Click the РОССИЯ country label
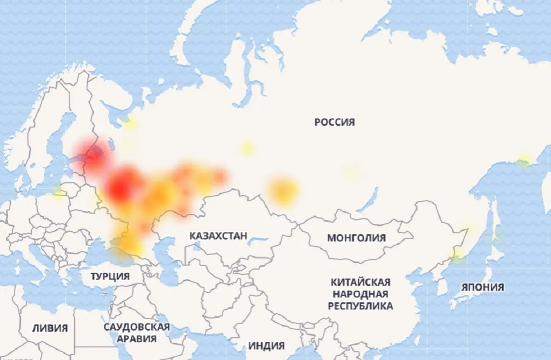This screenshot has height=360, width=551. point(334,122)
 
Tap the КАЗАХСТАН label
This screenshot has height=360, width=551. point(218,236)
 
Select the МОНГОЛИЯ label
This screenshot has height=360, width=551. point(356,238)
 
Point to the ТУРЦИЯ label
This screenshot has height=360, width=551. point(110,277)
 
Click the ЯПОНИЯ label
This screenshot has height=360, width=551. point(483,287)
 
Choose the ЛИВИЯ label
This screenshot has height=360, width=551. point(50,328)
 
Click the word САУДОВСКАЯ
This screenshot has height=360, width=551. point(137,327)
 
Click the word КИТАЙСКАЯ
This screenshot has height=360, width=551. point(361,283)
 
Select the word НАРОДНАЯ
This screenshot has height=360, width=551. point(360,294)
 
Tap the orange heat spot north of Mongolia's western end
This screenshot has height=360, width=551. point(283,191)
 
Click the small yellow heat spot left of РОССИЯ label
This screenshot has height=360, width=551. point(247,149)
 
